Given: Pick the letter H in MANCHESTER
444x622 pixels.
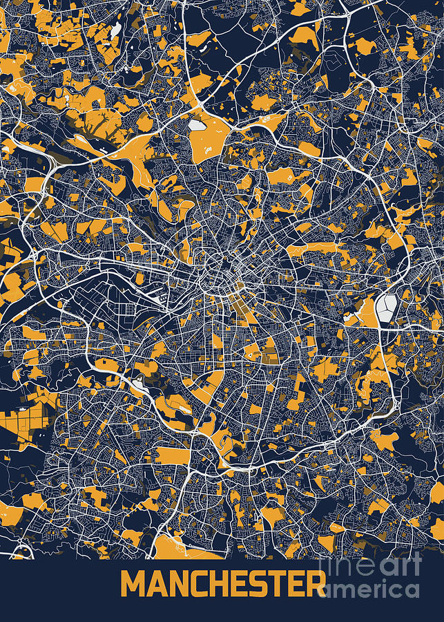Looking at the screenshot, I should tap(217, 585).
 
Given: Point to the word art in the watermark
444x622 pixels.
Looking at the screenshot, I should tap(401, 566).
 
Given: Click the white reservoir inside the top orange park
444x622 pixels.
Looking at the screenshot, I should tap(197, 126).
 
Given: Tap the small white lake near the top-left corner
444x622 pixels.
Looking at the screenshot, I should tap(116, 29).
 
